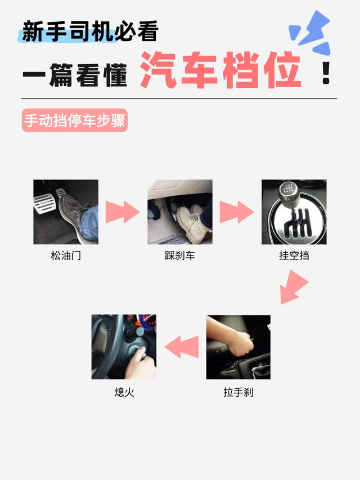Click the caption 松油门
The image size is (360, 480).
[66, 255]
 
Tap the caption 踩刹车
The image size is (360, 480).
[179, 255]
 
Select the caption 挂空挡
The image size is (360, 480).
[294, 255]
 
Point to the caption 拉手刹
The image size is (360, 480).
[238, 392]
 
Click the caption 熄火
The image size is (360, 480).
[124, 392]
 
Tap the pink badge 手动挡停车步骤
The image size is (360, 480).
[75, 120]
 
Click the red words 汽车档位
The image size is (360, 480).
[220, 70]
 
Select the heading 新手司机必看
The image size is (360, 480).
[90, 31]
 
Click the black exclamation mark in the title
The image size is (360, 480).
[326, 73]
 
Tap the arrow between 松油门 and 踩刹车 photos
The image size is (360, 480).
[123, 212]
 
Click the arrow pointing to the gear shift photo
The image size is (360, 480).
[237, 212]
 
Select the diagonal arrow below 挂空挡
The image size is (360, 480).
[293, 288]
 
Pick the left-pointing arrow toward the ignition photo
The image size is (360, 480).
[182, 347]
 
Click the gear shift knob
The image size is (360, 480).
[287, 191]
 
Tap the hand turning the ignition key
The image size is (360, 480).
[141, 364]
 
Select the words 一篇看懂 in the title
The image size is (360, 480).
[75, 75]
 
